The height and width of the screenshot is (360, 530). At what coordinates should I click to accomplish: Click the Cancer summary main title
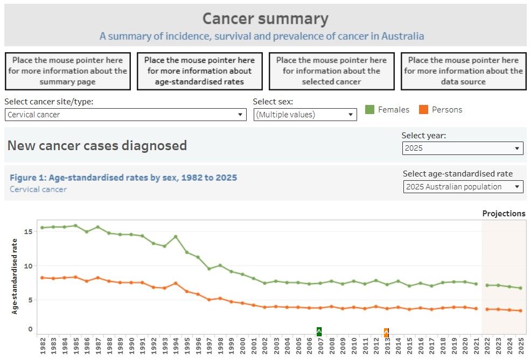pyautogui.click(x=265, y=19)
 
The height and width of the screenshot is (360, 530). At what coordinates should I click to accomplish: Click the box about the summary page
pyautogui.click(x=68, y=71)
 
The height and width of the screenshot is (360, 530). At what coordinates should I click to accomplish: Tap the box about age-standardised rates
pyautogui.click(x=199, y=71)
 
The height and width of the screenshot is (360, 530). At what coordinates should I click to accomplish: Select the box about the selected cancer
pyautogui.click(x=331, y=71)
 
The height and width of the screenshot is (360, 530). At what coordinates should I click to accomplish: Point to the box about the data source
pyautogui.click(x=463, y=71)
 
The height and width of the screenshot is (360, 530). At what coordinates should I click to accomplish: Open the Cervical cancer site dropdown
pyautogui.click(x=125, y=115)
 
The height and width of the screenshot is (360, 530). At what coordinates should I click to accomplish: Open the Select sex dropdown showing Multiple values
pyautogui.click(x=305, y=115)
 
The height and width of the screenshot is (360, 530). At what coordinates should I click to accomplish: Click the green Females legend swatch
pyautogui.click(x=369, y=110)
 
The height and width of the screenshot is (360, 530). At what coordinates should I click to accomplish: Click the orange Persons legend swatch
pyautogui.click(x=423, y=110)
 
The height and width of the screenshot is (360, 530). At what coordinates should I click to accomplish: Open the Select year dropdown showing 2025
pyautogui.click(x=463, y=148)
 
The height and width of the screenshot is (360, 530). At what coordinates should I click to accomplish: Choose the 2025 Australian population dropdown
pyautogui.click(x=463, y=187)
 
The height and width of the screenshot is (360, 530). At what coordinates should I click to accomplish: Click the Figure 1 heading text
pyautogui.click(x=123, y=178)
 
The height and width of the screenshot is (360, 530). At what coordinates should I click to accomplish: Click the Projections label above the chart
pyautogui.click(x=504, y=214)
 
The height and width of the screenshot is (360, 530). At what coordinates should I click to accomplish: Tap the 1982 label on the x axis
pyautogui.click(x=43, y=347)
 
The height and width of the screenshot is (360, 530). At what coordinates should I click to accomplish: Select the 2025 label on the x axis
pyautogui.click(x=521, y=347)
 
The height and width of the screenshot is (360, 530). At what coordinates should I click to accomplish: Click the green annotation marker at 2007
pyautogui.click(x=319, y=331)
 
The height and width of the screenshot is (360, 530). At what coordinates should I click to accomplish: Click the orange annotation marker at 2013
pyautogui.click(x=386, y=333)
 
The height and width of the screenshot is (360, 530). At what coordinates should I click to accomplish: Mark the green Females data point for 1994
pyautogui.click(x=175, y=237)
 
